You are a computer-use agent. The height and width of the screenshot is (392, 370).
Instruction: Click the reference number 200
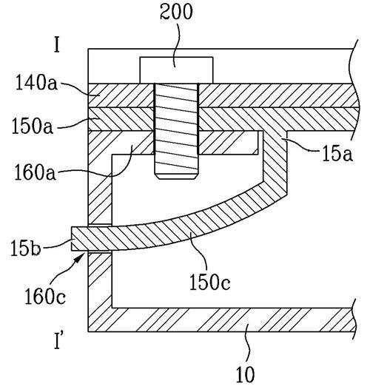(x=176, y=12)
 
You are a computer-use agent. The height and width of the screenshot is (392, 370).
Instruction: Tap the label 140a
(x=36, y=83)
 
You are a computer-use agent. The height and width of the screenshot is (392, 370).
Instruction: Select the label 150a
(x=33, y=126)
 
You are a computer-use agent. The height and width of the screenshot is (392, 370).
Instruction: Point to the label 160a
(x=35, y=172)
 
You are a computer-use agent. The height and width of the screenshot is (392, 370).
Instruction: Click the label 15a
(x=337, y=154)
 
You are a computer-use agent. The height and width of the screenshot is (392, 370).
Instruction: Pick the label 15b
(x=25, y=248)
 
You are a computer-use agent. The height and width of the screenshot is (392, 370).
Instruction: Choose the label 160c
(x=45, y=297)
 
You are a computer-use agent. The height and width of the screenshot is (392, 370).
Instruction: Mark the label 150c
(x=209, y=283)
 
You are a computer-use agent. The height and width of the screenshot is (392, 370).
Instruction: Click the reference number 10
(x=246, y=374)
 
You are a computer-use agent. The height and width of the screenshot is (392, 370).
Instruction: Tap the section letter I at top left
(x=57, y=44)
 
